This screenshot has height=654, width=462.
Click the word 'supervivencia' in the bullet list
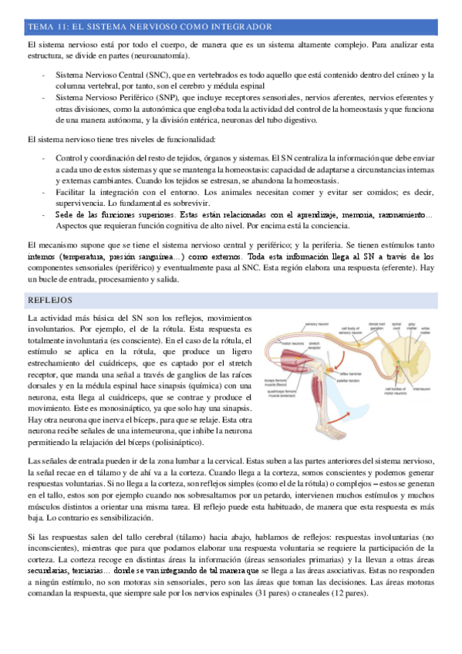(x=79, y=202)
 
